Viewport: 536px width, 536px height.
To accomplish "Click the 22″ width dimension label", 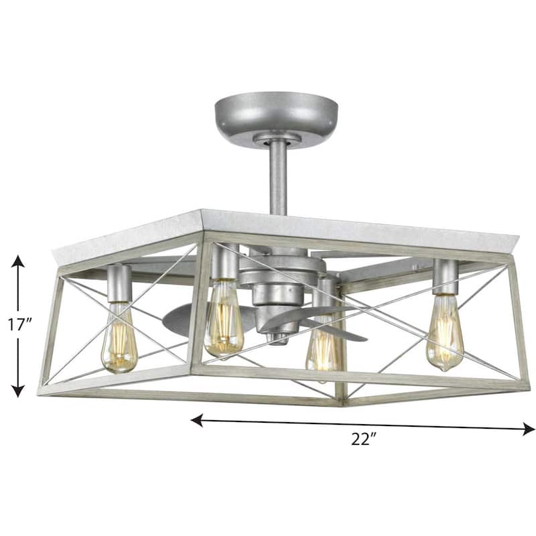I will pyautogui.click(x=364, y=440).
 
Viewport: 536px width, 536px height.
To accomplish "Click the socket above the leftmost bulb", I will pyautogui.click(x=119, y=281).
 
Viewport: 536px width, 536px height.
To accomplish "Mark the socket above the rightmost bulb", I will pyautogui.click(x=444, y=274).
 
